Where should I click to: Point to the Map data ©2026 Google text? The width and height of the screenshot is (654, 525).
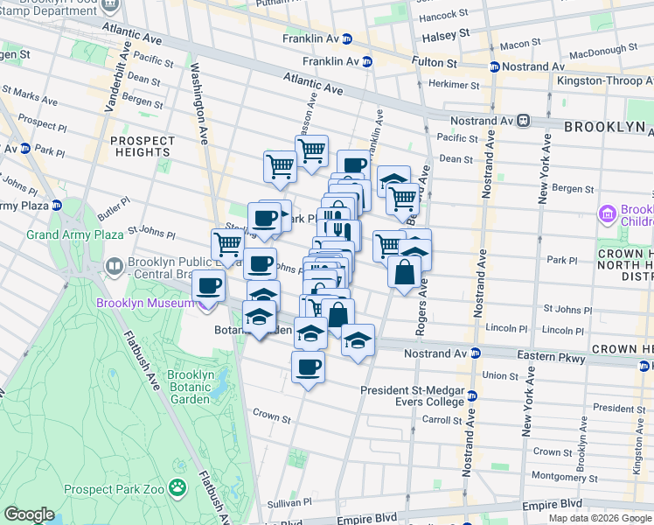click(600, 518)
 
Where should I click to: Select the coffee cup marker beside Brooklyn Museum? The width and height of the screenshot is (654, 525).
click(208, 284)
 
